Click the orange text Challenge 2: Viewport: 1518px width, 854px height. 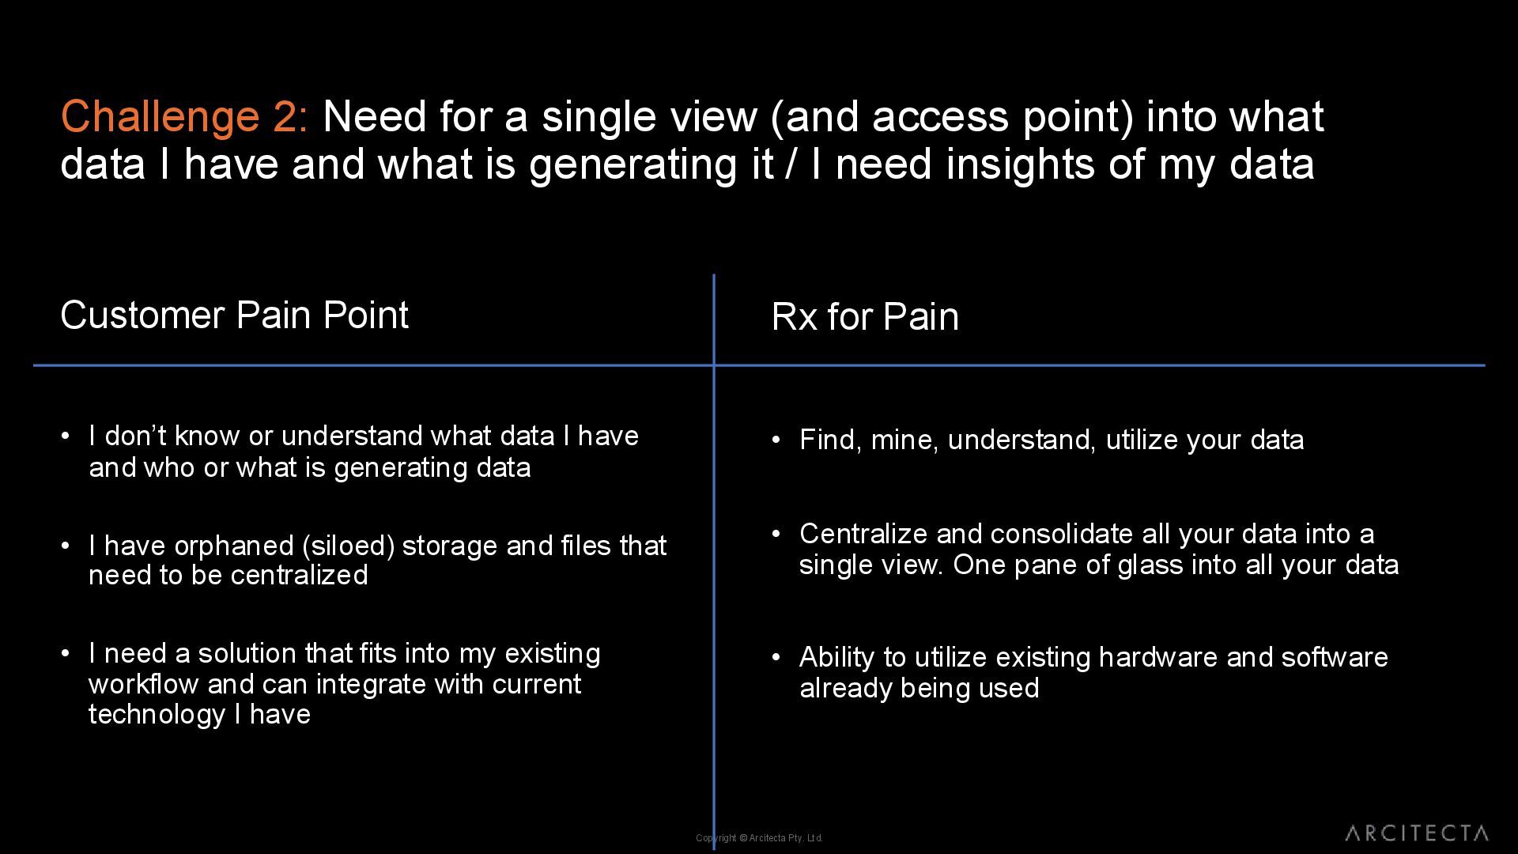183,117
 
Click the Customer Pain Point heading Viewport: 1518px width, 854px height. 234,316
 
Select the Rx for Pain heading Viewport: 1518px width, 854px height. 864,317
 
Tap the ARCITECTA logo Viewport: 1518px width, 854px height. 1416,833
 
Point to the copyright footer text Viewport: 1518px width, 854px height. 759,838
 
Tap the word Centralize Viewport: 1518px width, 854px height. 863,534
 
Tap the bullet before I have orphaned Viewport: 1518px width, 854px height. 66,545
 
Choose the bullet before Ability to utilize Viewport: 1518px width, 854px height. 776,656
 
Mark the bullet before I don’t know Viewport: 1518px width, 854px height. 66,435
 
